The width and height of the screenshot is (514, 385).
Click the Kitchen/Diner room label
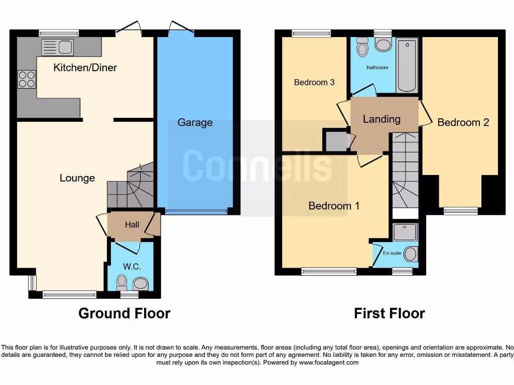[x=85, y=67]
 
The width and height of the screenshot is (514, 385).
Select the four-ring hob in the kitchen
[x=27, y=79]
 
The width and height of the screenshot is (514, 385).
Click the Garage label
[x=195, y=122]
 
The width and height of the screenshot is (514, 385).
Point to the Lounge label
[x=77, y=178]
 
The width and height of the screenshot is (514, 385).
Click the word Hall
[x=132, y=225]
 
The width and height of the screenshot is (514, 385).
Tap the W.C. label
[x=132, y=267]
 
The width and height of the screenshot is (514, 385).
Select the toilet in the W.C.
[x=121, y=283]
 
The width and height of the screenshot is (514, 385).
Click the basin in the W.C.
[x=140, y=284]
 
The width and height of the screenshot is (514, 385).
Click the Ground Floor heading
[x=124, y=313]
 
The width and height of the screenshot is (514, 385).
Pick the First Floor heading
[x=389, y=313]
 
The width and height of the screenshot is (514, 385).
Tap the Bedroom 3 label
[x=314, y=82]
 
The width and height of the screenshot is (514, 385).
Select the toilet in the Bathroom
[x=362, y=48]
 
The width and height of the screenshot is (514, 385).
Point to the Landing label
[x=381, y=119]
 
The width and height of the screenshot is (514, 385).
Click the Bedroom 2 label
[x=463, y=122]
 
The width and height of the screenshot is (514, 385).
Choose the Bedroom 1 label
[x=334, y=206]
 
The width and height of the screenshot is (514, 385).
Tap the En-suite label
[x=392, y=253]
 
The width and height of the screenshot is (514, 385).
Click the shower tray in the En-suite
[x=405, y=232]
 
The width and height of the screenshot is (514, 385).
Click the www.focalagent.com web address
[x=328, y=362]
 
